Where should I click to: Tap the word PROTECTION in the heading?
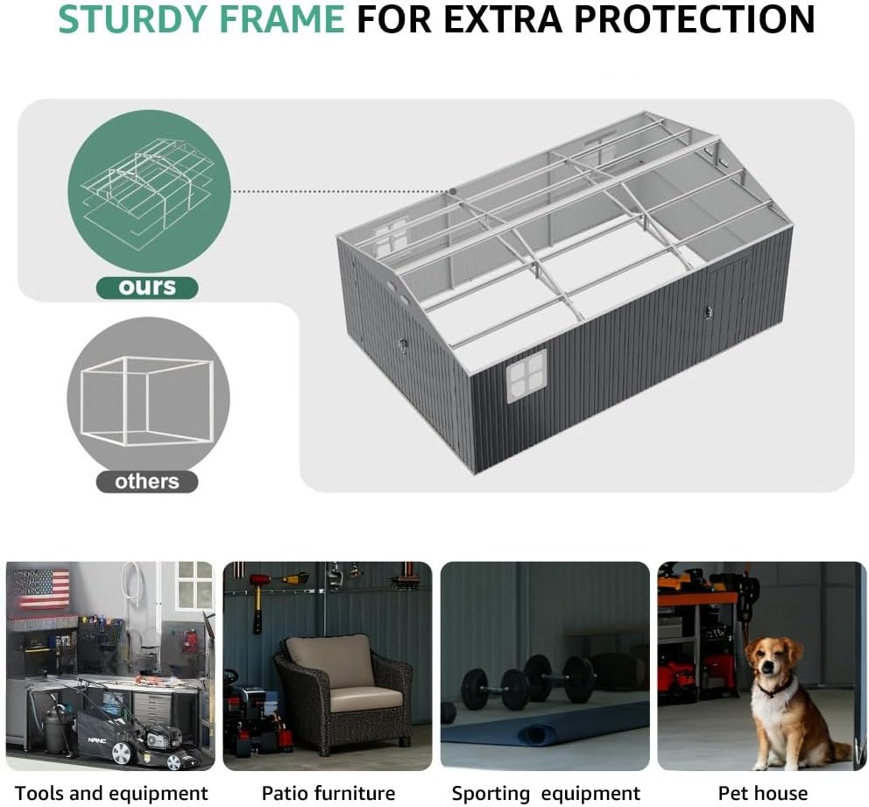point(695,19)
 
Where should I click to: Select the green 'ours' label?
point(147,287)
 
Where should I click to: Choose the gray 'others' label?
point(147,482)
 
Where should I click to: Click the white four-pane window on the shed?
point(527,375)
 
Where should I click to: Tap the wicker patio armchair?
point(343,693)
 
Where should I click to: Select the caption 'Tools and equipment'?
point(111,793)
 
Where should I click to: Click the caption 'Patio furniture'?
point(329,793)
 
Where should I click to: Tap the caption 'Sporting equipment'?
point(546,793)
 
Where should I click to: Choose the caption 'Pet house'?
point(763,793)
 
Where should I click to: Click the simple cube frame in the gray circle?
point(126,401)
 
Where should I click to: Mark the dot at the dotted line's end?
point(453,191)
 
